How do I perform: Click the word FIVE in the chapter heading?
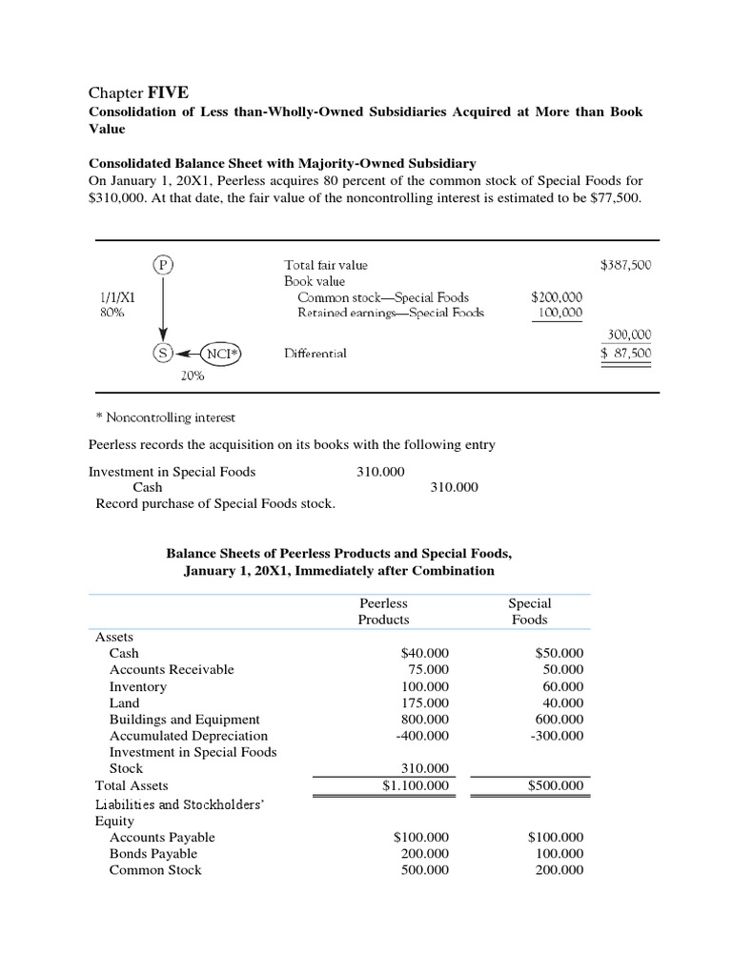(168, 92)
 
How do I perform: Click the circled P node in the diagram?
(163, 265)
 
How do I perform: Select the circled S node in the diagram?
(163, 353)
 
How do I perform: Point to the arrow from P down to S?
(163, 310)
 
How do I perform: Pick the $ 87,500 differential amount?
(625, 353)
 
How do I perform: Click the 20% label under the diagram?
(193, 376)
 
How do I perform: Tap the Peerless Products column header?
(383, 611)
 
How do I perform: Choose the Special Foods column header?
(530, 611)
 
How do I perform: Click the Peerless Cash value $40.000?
(424, 654)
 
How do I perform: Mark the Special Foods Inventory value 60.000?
(562, 686)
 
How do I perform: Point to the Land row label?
(124, 702)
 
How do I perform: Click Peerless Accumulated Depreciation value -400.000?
(420, 736)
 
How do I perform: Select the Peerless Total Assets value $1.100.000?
(416, 785)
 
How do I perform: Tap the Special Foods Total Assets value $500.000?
(556, 785)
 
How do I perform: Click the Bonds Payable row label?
(153, 853)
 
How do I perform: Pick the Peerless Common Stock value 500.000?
(424, 870)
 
